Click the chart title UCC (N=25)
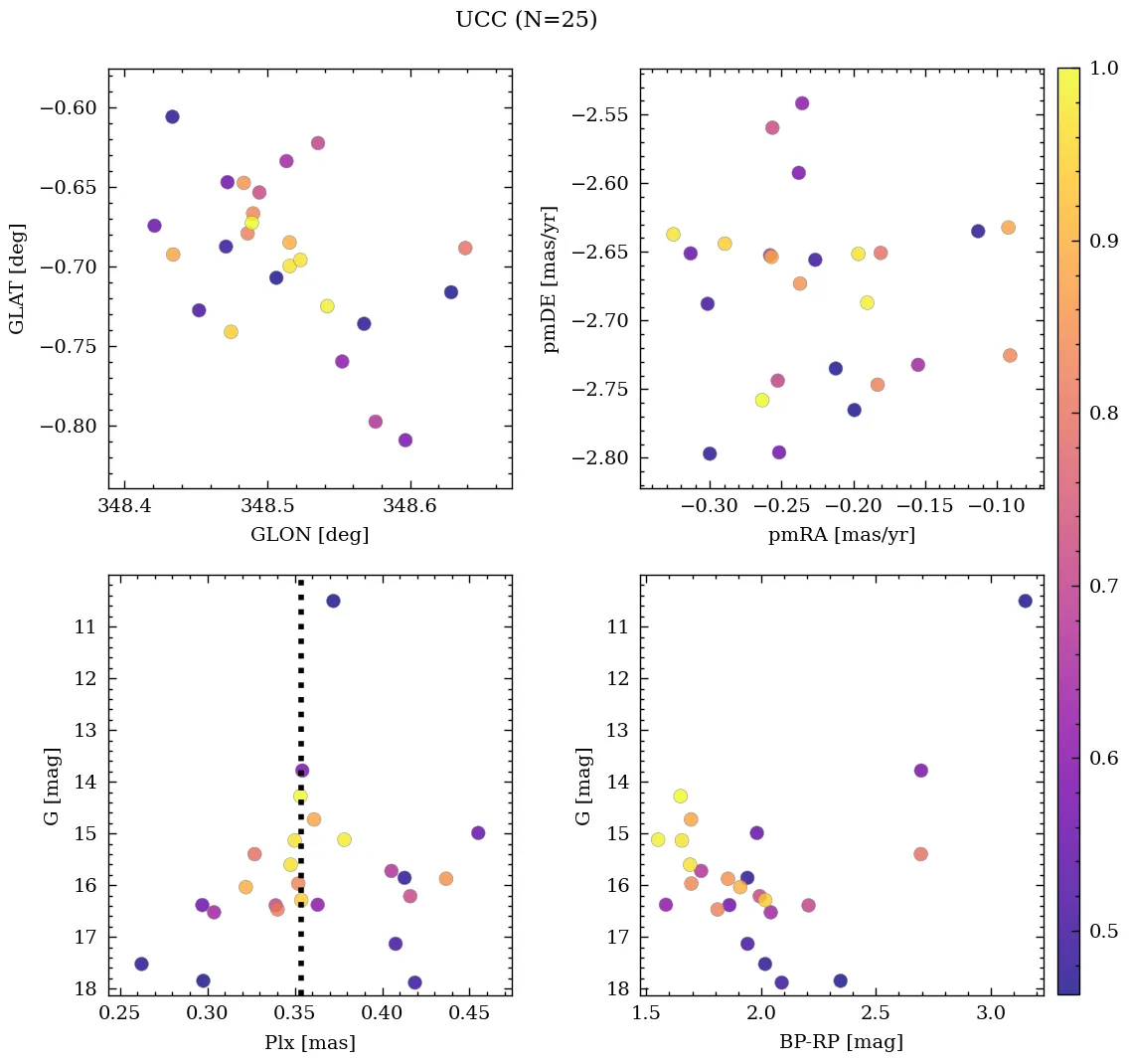click(x=526, y=20)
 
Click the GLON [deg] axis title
click(x=310, y=535)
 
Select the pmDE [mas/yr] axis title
click(x=550, y=279)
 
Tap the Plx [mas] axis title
click(x=310, y=1043)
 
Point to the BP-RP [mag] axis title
click(x=842, y=1043)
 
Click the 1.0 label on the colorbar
click(x=1104, y=69)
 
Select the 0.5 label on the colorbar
click(x=1104, y=931)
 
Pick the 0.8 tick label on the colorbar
click(x=1104, y=414)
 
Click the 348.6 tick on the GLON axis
click(x=410, y=508)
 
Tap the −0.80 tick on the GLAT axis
click(x=70, y=427)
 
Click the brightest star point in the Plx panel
click(x=333, y=601)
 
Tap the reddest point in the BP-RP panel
click(x=1025, y=601)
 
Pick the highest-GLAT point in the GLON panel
click(x=172, y=117)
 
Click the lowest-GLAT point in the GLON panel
click(x=404, y=441)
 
